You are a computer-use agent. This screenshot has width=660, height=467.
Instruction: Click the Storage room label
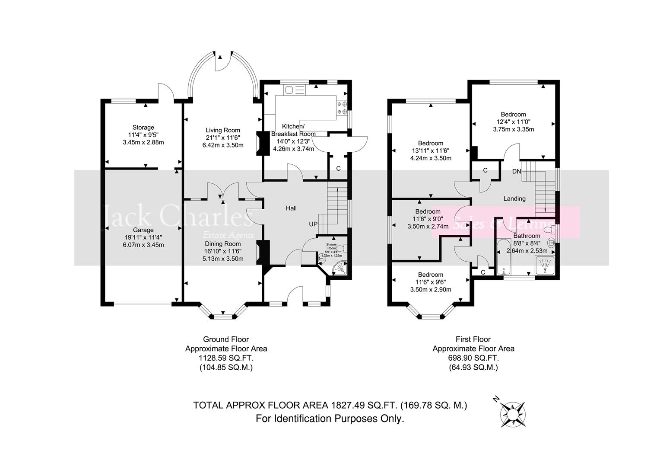pyautogui.click(x=143, y=128)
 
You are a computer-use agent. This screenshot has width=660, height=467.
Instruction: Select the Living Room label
pyautogui.click(x=222, y=130)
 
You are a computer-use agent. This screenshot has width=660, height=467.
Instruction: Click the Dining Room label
pyautogui.click(x=222, y=244)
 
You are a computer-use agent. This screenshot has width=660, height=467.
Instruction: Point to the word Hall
pyautogui.click(x=291, y=208)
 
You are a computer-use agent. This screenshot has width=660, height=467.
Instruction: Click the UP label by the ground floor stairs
pyautogui.click(x=313, y=224)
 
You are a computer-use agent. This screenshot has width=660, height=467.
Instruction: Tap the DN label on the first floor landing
pyautogui.click(x=517, y=172)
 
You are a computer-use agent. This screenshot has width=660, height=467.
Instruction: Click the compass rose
pyautogui.click(x=513, y=413)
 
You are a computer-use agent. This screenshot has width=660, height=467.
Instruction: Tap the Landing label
pyautogui.click(x=514, y=198)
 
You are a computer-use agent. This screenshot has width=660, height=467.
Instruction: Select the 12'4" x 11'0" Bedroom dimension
pyautogui.click(x=513, y=122)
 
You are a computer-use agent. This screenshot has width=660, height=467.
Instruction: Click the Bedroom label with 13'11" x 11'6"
pyautogui.click(x=430, y=144)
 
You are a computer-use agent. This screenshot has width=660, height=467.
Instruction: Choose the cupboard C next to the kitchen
pyautogui.click(x=338, y=169)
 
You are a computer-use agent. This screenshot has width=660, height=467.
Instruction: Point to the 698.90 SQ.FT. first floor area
pyautogui.click(x=473, y=358)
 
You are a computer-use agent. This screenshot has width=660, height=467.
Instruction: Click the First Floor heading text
pyautogui.click(x=473, y=339)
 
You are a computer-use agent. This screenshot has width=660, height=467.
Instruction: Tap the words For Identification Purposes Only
pyautogui.click(x=330, y=419)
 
